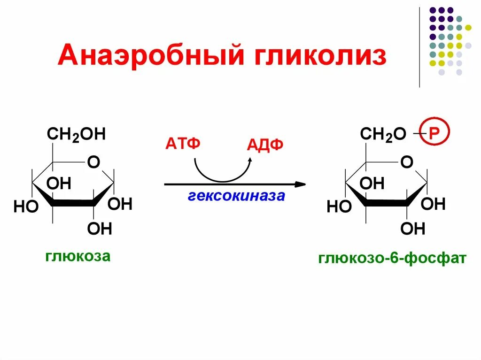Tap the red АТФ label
tap(182, 143)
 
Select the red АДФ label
tap(265, 145)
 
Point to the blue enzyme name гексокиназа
tap(236, 195)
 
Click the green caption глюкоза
tap(78, 256)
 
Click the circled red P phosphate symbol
tap(434, 134)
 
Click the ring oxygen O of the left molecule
tap(93, 162)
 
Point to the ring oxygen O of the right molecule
tap(407, 162)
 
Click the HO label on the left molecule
tap(26, 207)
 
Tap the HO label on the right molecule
tap(339, 207)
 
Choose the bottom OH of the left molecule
tap(100, 229)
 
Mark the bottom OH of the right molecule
tap(413, 229)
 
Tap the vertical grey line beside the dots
tap(419, 47)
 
